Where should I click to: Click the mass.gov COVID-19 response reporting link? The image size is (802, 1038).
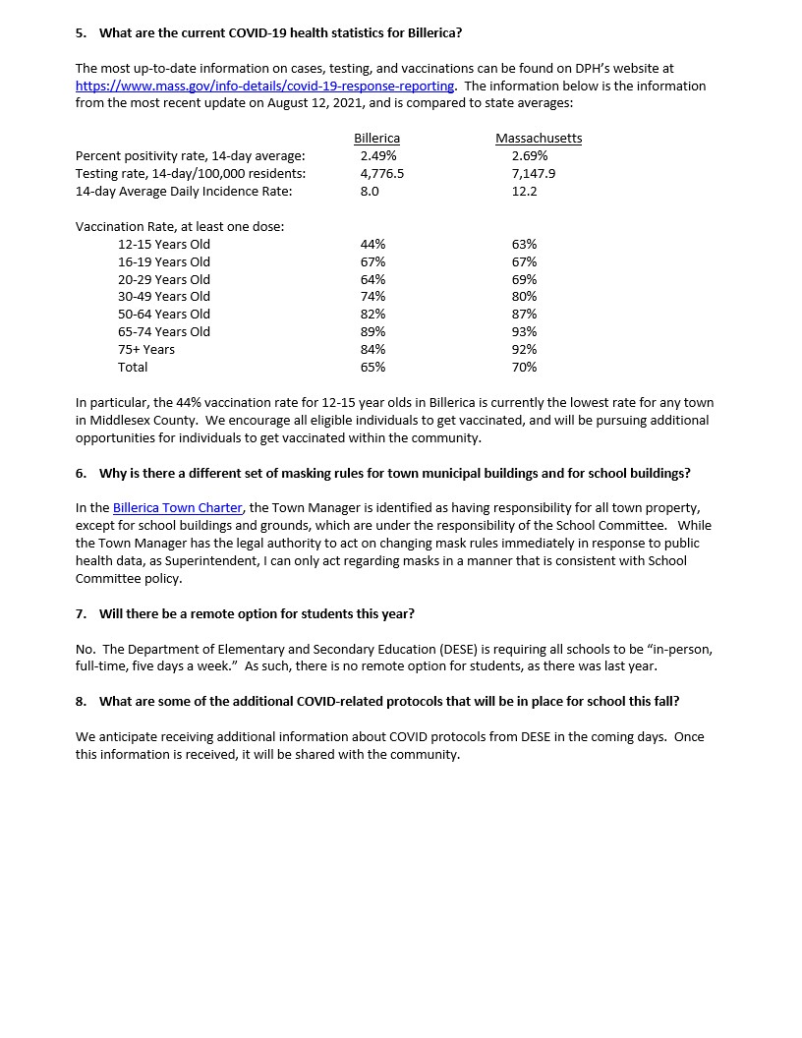[x=264, y=86]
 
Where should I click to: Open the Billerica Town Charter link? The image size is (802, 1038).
[x=177, y=507]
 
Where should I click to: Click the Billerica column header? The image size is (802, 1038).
[x=376, y=139]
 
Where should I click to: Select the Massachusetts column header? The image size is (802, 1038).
[x=539, y=139]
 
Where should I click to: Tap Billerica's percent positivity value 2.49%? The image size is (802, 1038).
[x=378, y=155]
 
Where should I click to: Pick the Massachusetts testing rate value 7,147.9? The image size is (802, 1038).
[x=534, y=173]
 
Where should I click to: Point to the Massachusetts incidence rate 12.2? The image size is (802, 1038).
[x=524, y=191]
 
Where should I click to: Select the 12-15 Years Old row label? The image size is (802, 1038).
[x=163, y=244]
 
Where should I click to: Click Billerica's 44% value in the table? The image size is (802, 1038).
[x=372, y=244]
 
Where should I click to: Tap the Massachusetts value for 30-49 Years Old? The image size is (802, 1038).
[x=524, y=296]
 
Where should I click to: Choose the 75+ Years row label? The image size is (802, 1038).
[x=145, y=349]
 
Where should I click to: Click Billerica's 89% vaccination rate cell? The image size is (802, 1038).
[x=372, y=331]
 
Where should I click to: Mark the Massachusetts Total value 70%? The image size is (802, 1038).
[x=524, y=367]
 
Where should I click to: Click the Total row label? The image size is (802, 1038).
[x=133, y=367]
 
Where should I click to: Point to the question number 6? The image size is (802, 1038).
[x=81, y=473]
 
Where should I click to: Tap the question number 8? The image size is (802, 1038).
[x=81, y=701]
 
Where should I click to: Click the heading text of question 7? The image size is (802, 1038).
[x=257, y=613]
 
